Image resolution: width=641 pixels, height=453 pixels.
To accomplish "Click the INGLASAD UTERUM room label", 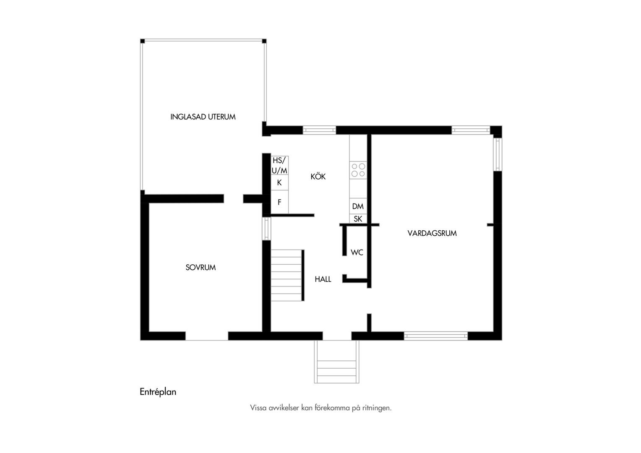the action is pyautogui.click(x=203, y=117).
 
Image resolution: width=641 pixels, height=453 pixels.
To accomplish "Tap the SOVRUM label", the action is pyautogui.click(x=201, y=268).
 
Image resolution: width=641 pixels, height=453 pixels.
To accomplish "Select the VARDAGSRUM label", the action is pyautogui.click(x=432, y=233).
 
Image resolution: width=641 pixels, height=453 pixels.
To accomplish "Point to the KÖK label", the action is pyautogui.click(x=318, y=177).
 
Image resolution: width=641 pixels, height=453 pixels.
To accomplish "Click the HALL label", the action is pyautogui.click(x=323, y=279).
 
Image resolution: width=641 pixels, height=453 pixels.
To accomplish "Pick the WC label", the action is pyautogui.click(x=357, y=253).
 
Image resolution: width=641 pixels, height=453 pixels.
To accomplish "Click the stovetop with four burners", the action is pyautogui.click(x=358, y=170).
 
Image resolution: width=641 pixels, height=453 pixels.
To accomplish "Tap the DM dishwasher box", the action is pyautogui.click(x=358, y=206).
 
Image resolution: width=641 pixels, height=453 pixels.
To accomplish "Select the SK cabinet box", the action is pyautogui.click(x=358, y=219).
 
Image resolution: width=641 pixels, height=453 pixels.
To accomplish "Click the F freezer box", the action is pyautogui.click(x=279, y=202).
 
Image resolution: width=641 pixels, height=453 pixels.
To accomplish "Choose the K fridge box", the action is pyautogui.click(x=279, y=182).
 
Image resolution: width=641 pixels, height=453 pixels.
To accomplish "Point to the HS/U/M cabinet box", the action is pyautogui.click(x=279, y=165).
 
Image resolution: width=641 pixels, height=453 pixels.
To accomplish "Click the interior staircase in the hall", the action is pyautogui.click(x=287, y=275).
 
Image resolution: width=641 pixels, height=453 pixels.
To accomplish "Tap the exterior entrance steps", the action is pyautogui.click(x=336, y=362).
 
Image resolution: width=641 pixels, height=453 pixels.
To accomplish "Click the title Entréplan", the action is pyautogui.click(x=158, y=392).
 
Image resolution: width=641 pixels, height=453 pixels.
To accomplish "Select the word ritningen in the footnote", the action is pyautogui.click(x=377, y=408).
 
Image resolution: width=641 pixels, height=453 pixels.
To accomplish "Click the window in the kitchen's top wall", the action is pyautogui.click(x=319, y=130).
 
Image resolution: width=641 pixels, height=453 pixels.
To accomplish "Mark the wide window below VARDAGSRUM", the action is pyautogui.click(x=436, y=336).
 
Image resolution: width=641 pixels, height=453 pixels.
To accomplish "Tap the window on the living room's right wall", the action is pyautogui.click(x=498, y=154).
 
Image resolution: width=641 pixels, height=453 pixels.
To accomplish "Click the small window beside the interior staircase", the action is pyautogui.click(x=266, y=229).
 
